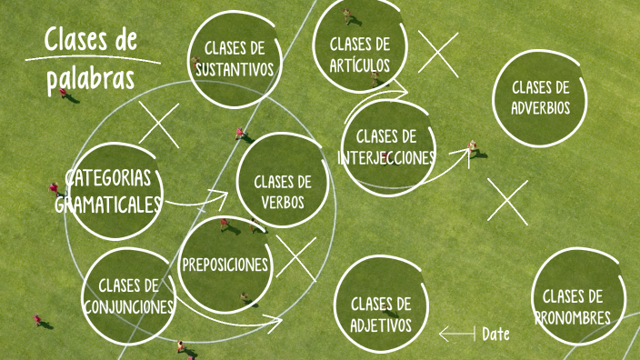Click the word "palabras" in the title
pyautogui.click(x=91, y=77)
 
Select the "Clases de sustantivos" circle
pyautogui.click(x=234, y=56)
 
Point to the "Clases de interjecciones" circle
pyautogui.click(x=386, y=147)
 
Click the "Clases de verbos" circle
pyautogui.click(x=283, y=191)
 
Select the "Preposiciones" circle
pyautogui.click(x=225, y=265)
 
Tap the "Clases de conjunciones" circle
pyautogui.click(x=129, y=295)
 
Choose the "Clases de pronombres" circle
pyautogui.click(x=572, y=306)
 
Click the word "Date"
pyautogui.click(x=495, y=335)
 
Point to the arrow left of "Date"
pyautogui.click(x=456, y=335)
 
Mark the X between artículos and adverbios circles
pyautogui.click(x=438, y=53)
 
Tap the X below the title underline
pyautogui.click(x=159, y=125)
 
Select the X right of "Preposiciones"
pyautogui.click(x=296, y=257)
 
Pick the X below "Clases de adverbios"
pyautogui.click(x=507, y=201)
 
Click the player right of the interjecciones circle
pyautogui.click(x=473, y=148)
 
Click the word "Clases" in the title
pyautogui.click(x=77, y=40)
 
